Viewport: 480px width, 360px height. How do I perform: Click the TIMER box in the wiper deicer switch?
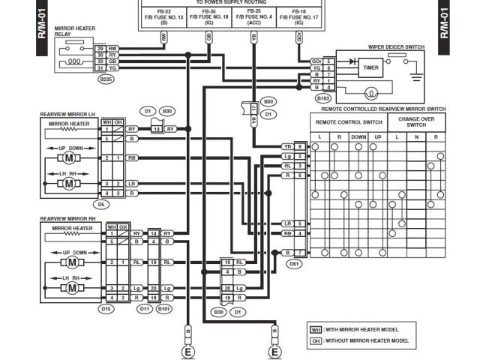coord(370,67)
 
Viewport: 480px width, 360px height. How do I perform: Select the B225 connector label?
coord(106,78)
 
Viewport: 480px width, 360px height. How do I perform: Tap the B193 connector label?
coord(324,97)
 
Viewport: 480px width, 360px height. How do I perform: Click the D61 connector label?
coord(294,263)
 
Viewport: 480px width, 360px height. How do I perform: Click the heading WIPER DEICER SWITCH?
coord(396,47)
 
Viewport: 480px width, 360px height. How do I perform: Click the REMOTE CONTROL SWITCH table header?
coord(348,121)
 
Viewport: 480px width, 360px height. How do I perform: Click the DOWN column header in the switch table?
coord(358,137)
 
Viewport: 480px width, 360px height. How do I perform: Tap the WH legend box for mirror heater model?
coord(316,329)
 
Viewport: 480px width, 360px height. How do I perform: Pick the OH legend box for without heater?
coord(316,340)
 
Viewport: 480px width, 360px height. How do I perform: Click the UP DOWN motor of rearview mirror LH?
coord(68,158)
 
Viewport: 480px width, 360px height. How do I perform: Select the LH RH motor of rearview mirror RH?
coord(73,288)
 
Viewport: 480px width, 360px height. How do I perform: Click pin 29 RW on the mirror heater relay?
coord(106,48)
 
